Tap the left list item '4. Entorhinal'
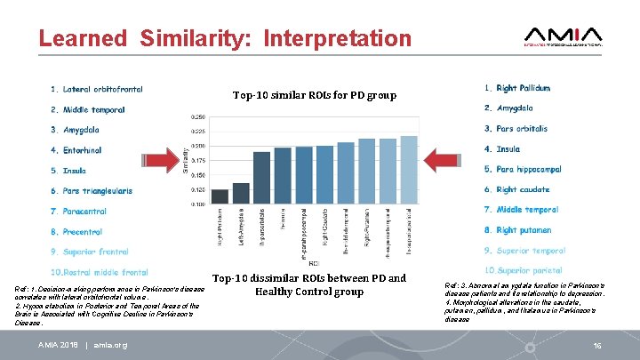pos(82,150)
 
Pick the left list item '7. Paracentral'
pos(84,211)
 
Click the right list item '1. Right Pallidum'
pos(516,88)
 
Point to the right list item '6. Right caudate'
pos(516,190)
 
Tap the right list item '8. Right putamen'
pos(518,230)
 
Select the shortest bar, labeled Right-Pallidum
pos(220,196)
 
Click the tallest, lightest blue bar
pos(408,170)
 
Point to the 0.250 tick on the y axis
pos(198,116)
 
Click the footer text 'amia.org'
pos(110,345)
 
